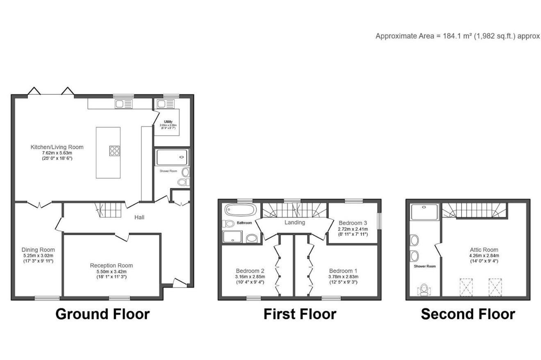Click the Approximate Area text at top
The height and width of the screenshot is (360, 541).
tap(457, 36)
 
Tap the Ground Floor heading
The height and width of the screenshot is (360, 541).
tap(102, 314)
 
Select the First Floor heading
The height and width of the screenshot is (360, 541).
tap(300, 314)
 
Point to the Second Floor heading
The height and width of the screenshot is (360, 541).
tap(468, 314)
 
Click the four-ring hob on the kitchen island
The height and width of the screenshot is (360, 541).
tap(115, 151)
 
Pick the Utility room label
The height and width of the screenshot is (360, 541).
tap(168, 122)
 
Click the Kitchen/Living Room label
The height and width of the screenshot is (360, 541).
tap(57, 147)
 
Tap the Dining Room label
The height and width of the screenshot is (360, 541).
tap(38, 250)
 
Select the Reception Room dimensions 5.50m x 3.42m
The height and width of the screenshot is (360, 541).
tap(111, 271)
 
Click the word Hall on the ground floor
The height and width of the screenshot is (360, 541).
tap(139, 217)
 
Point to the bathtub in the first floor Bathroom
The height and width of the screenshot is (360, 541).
tap(240, 210)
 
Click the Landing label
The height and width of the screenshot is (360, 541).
tap(295, 222)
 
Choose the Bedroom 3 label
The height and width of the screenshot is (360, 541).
tap(352, 223)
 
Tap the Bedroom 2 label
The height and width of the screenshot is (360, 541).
tap(250, 271)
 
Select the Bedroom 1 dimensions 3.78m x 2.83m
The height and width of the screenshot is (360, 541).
tap(343, 277)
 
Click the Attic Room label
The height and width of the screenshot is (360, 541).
tap(484, 250)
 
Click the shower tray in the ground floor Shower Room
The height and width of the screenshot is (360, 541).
tap(172, 157)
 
